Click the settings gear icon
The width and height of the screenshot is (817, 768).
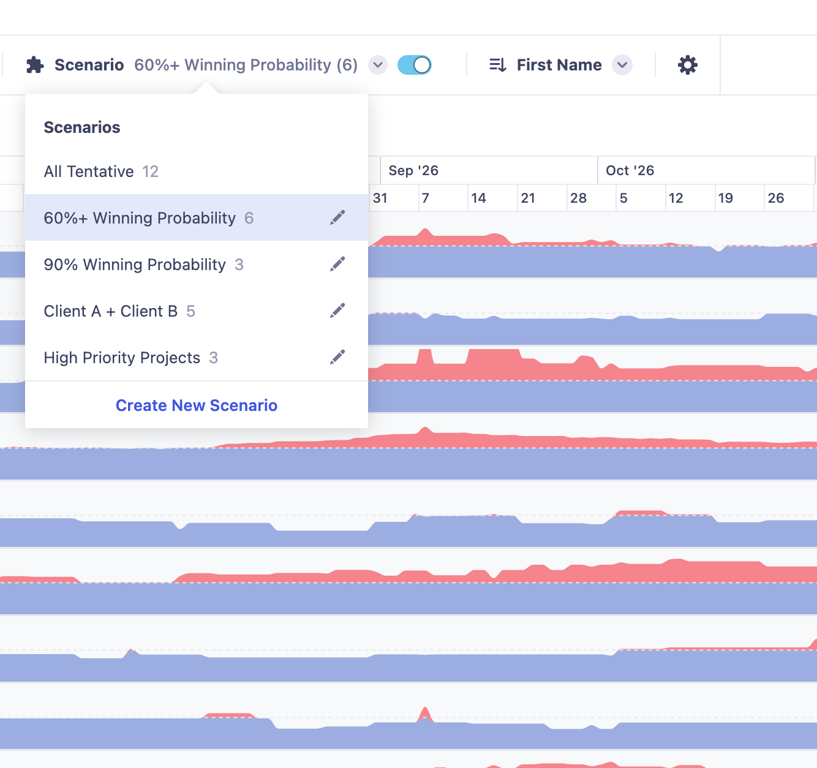click(x=687, y=65)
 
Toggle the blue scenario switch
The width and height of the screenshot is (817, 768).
click(x=414, y=65)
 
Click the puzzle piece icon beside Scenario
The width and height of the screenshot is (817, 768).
click(x=35, y=65)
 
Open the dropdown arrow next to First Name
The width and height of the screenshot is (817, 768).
click(x=622, y=65)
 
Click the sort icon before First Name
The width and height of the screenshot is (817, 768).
click(x=498, y=65)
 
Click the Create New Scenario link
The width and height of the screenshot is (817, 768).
click(x=196, y=405)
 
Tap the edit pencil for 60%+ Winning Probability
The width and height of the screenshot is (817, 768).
click(x=337, y=217)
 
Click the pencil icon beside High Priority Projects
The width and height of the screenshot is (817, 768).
click(x=337, y=357)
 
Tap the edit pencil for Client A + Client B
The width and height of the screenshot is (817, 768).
click(x=337, y=311)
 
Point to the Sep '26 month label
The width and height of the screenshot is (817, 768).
click(x=413, y=170)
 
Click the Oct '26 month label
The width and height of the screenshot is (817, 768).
click(x=630, y=170)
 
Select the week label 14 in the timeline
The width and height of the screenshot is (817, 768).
click(x=478, y=198)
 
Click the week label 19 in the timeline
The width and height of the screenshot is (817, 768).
click(x=725, y=198)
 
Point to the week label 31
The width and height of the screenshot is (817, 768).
click(x=380, y=198)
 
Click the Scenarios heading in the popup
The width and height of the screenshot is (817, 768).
click(x=82, y=127)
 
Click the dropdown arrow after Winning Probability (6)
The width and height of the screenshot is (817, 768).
click(x=378, y=65)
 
